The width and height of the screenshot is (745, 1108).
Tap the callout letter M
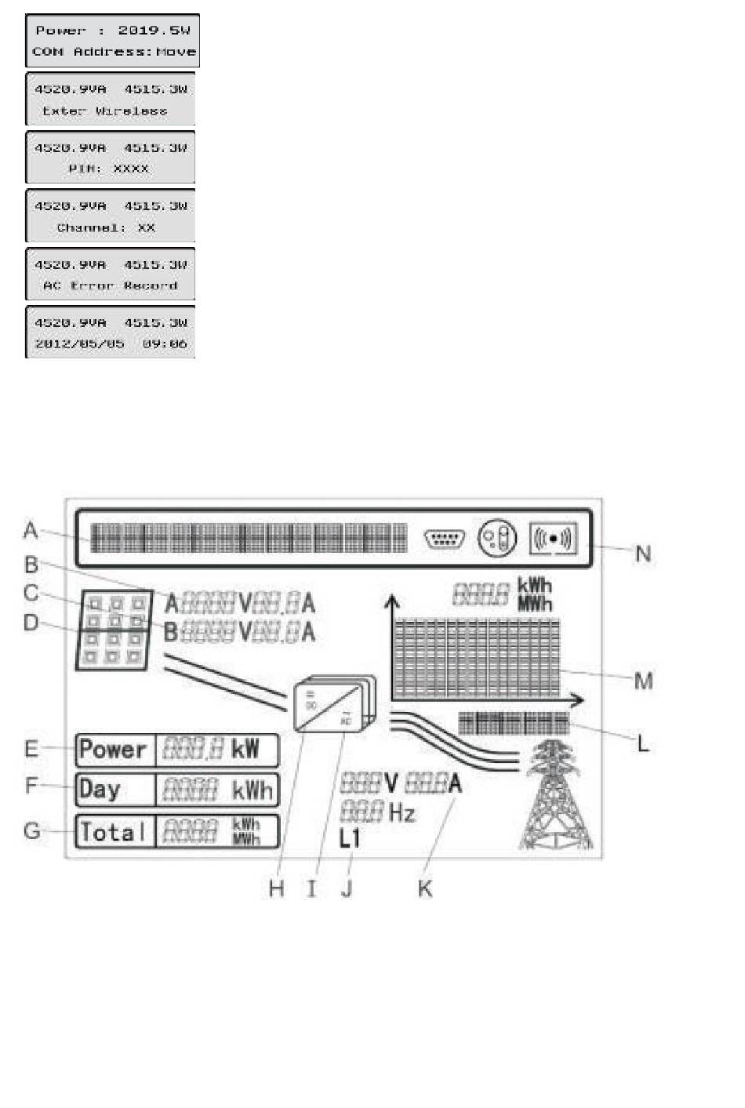(643, 680)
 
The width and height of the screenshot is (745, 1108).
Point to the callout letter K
(425, 888)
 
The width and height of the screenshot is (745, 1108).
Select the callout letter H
(276, 888)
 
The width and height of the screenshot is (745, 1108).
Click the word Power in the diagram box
(113, 750)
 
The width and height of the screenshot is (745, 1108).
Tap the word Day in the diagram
(100, 789)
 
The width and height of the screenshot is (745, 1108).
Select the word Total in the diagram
(113, 831)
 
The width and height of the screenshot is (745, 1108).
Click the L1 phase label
(350, 838)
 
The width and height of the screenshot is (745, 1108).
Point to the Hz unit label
(402, 812)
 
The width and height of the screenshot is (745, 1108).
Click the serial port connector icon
(444, 539)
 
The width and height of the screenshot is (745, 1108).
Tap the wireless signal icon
(554, 539)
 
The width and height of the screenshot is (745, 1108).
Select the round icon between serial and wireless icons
(498, 539)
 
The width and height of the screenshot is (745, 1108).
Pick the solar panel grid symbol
(114, 630)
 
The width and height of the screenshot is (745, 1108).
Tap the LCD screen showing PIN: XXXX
(111, 158)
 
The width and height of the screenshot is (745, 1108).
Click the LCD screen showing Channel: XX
(111, 216)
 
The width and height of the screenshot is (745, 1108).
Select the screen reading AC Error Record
(111, 274)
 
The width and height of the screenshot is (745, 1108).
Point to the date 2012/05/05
(79, 343)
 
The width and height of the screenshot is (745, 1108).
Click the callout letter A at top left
(31, 530)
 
